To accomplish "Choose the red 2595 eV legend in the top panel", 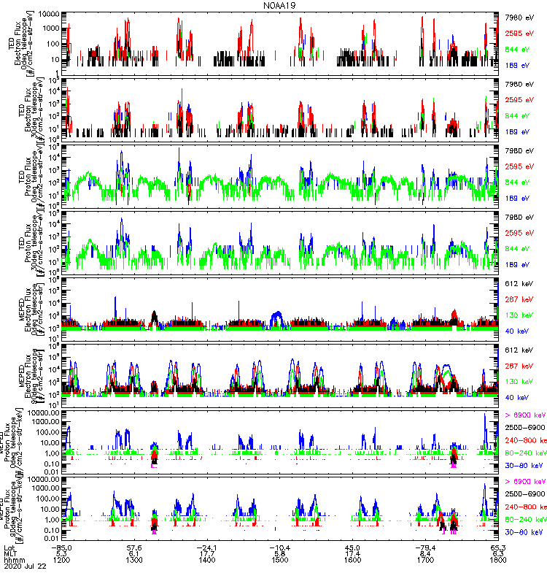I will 522,33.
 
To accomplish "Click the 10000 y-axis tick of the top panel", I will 49,15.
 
